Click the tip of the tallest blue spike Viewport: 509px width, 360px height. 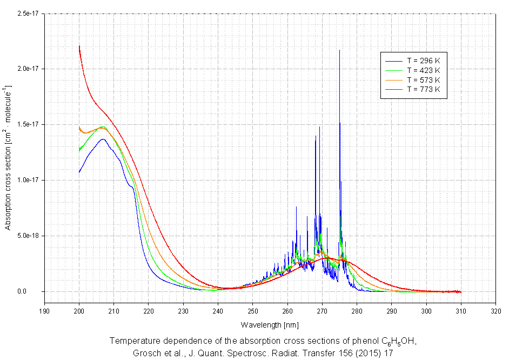pyautogui.click(x=339, y=50)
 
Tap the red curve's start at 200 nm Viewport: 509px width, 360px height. pyautogui.click(x=79, y=46)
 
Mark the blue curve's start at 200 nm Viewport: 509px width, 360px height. pyautogui.click(x=79, y=172)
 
